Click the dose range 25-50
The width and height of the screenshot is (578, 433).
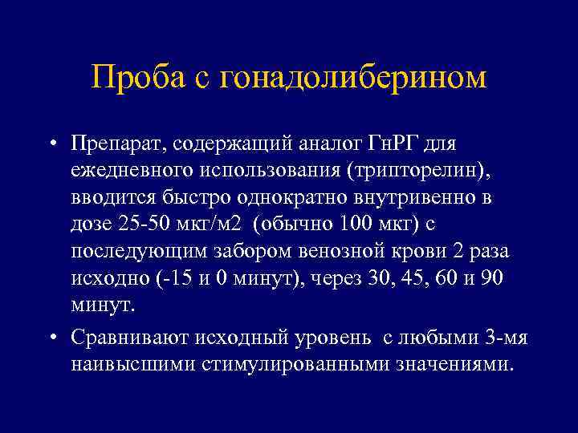(x=140, y=222)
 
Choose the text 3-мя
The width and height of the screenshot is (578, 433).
(x=506, y=338)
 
